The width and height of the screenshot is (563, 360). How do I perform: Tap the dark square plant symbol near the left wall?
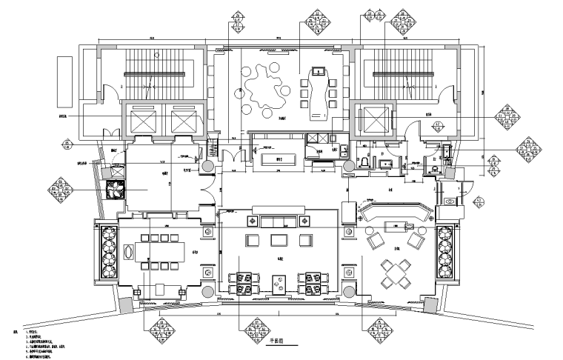[114, 189]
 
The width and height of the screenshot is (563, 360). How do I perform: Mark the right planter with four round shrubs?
[446, 251]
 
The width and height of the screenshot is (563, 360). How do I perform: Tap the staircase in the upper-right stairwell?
[404, 72]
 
